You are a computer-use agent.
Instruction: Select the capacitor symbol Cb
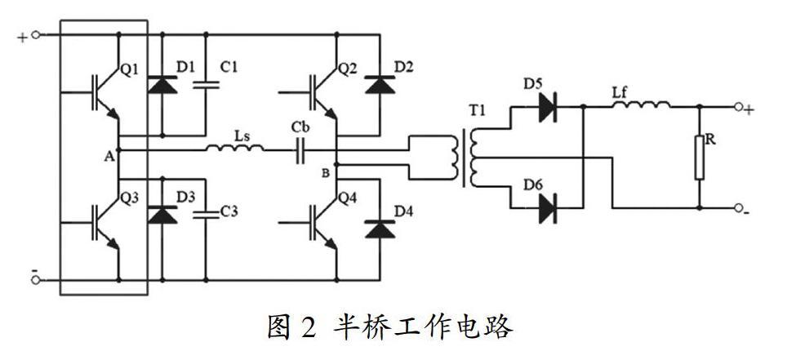coord(300,149)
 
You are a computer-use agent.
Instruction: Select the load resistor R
coord(699,158)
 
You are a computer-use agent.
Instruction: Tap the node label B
coord(325,172)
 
